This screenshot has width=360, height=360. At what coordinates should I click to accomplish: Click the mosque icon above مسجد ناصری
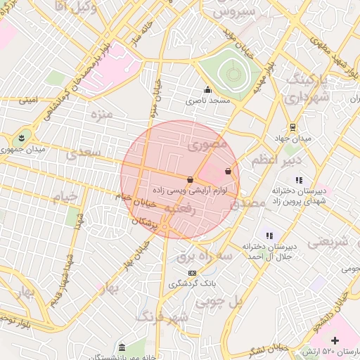(207, 90)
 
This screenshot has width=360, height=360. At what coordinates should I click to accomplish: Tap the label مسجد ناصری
(208, 101)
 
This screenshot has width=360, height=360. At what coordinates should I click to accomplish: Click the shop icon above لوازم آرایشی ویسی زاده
(191, 179)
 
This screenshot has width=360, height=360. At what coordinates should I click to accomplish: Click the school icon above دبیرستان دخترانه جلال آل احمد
(269, 236)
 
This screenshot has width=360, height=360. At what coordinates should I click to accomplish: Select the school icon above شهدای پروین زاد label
(299, 180)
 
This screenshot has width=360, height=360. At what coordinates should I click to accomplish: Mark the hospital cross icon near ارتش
(335, 341)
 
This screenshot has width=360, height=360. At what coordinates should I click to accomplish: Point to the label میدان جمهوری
(40, 150)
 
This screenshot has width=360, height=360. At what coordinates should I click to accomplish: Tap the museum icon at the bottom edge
(122, 348)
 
